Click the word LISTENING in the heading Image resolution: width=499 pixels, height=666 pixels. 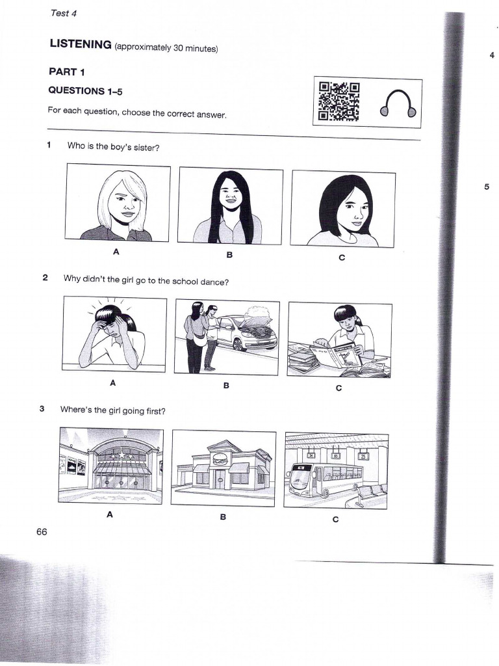pos(81,44)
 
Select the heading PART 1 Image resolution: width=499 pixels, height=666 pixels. pos(67,72)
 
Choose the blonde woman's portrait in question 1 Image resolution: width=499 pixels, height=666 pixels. pos(118,203)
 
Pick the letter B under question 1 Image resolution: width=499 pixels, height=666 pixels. pos(229,255)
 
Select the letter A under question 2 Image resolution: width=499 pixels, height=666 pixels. pos(112,383)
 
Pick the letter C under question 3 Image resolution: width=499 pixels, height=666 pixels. pos(335,519)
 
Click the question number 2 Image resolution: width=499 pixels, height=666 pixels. pos(45,278)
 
